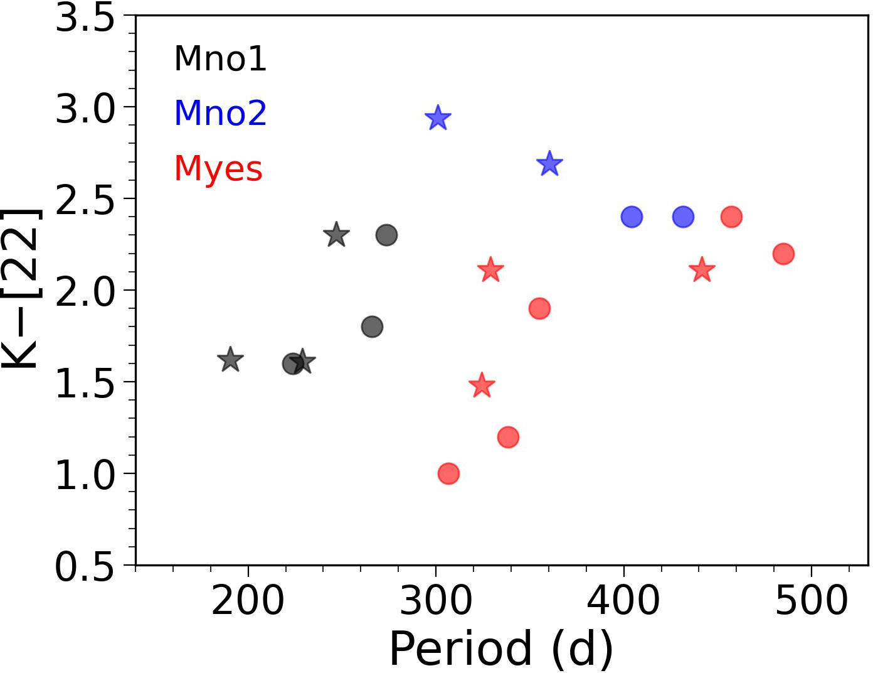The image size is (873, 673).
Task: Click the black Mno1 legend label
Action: (220, 59)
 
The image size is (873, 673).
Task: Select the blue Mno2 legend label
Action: (220, 114)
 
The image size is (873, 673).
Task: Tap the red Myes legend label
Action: (218, 168)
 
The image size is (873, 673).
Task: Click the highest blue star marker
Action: (438, 118)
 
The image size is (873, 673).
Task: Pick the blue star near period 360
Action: (549, 164)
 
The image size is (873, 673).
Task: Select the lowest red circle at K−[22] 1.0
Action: (448, 473)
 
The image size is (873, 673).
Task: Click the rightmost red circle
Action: (783, 254)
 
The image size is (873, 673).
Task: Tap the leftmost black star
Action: (230, 360)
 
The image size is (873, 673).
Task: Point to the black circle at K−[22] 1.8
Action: (372, 327)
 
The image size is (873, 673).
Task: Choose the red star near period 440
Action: (702, 271)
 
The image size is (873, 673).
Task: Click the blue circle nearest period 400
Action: (632, 217)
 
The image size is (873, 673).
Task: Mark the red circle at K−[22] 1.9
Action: (539, 309)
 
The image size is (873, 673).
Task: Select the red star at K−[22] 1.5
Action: (482, 385)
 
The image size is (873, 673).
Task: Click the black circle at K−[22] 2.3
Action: (386, 235)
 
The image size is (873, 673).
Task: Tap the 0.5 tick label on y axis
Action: (85, 568)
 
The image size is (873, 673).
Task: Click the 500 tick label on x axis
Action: (812, 601)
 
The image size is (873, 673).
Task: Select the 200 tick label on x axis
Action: (248, 601)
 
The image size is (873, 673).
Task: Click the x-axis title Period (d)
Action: (500, 649)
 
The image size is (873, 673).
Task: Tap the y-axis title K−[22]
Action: (21, 289)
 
